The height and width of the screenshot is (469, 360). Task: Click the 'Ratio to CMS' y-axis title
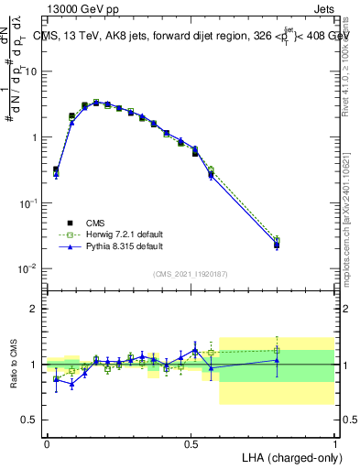(x=15, y=365)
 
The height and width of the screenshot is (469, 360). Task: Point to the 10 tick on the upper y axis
(x=32, y=71)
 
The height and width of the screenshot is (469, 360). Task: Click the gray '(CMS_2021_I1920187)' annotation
(x=191, y=274)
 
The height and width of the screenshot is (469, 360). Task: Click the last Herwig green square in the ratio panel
(x=277, y=349)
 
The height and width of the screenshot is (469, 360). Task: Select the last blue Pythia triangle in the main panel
(x=277, y=245)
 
